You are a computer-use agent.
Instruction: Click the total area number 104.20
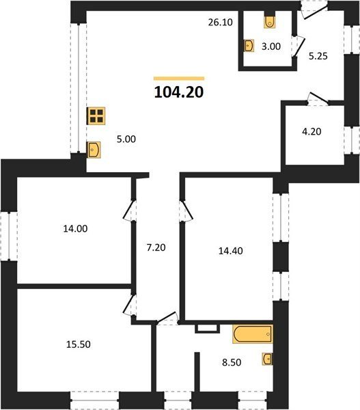point(179,92)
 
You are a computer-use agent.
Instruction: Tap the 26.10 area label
point(221,23)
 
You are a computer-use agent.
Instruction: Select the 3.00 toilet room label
point(271,46)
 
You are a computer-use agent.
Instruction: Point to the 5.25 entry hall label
point(318,56)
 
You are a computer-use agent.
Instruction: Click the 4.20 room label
point(312,131)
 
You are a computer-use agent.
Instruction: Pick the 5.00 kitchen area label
point(126,139)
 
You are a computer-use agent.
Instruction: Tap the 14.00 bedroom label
point(76,229)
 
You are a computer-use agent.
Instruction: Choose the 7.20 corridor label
point(156,247)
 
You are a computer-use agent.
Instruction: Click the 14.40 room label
point(231,251)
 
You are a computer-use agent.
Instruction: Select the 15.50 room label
point(79,344)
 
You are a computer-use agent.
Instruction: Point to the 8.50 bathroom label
point(232,362)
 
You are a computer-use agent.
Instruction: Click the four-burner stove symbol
point(96,116)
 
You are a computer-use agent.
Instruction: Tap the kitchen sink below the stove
point(94,150)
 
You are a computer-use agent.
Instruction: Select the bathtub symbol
point(253,334)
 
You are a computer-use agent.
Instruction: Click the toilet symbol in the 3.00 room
point(270,22)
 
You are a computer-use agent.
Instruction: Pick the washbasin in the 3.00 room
point(249,46)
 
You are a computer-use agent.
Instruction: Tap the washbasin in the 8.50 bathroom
point(268,359)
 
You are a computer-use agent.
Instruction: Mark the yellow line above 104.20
point(179,78)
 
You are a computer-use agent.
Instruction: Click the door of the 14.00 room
point(128,210)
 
